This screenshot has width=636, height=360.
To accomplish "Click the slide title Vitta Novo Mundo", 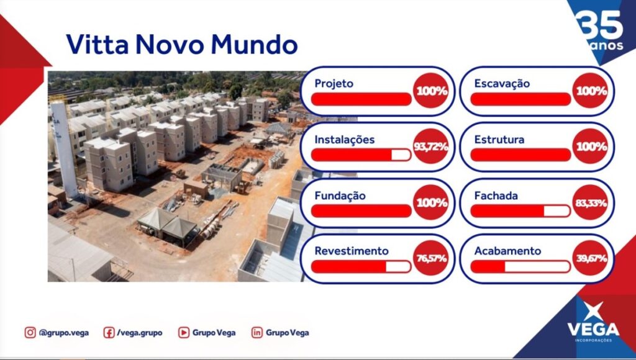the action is (x=182, y=44).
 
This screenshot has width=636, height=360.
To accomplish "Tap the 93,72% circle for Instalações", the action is (x=431, y=146).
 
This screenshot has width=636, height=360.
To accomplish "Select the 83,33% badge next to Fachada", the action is (x=591, y=202).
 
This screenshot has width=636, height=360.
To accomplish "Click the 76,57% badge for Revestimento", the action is (x=431, y=258).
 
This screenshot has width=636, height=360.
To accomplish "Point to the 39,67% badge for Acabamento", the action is (x=591, y=258).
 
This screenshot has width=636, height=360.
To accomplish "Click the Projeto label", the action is (x=334, y=84).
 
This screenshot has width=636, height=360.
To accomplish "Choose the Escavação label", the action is (x=502, y=84).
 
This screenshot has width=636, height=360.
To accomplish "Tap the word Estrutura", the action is (x=499, y=140).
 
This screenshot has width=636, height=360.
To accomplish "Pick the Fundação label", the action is (x=340, y=196).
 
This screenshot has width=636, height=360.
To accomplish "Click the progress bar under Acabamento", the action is (x=520, y=266).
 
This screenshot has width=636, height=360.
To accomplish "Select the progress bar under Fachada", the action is (x=520, y=211).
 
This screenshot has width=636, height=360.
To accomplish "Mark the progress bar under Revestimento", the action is (x=361, y=266).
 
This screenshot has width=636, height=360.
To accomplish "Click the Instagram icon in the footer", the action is (x=30, y=333).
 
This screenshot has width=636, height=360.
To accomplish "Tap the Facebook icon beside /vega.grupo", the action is (x=109, y=333).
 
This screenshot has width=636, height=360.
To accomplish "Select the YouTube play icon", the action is (x=184, y=333).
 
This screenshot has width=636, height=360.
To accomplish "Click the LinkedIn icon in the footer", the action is (x=257, y=333).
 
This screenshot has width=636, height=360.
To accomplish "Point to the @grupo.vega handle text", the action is (x=64, y=333).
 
